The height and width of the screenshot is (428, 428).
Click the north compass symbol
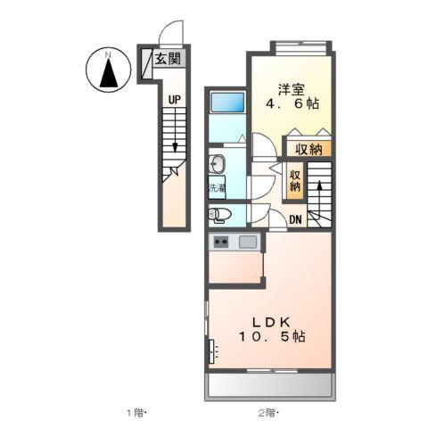108,70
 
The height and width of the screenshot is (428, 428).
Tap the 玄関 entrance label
165,61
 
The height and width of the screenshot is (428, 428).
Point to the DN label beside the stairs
296,218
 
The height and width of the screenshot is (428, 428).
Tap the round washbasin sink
216,163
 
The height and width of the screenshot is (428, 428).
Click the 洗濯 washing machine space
217,188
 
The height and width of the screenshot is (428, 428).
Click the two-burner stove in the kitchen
220,242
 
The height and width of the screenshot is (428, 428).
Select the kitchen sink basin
247,242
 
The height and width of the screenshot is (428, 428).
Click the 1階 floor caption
136,412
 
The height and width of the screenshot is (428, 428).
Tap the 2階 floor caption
267,412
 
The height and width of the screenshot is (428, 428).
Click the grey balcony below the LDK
269,387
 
